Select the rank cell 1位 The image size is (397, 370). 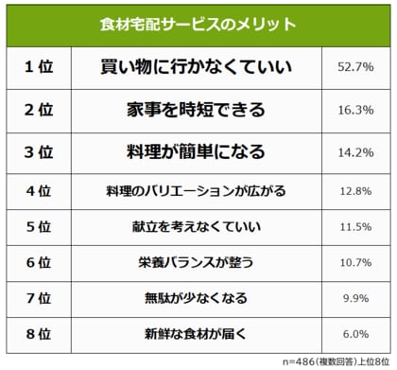(38, 68)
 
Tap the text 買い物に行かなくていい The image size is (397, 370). (196, 68)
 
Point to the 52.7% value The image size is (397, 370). (354, 68)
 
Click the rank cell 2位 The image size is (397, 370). (38, 110)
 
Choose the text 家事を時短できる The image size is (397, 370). (196, 110)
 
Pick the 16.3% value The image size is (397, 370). (354, 110)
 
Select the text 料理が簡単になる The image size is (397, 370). (196, 151)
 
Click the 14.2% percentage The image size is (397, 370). (354, 151)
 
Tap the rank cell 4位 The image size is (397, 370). (38, 190)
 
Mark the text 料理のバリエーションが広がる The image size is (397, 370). (196, 190)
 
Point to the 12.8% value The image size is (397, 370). (354, 190)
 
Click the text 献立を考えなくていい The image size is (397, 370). (196, 227)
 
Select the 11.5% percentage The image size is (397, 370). (354, 227)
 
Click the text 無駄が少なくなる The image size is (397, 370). (196, 299)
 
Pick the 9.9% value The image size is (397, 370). (354, 299)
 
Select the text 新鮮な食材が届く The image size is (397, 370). (196, 335)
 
